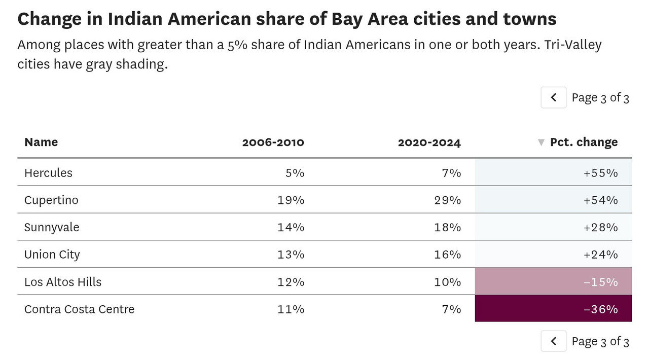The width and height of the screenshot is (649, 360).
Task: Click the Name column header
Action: pos(41,142)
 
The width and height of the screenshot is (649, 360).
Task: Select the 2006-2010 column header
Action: pos(273,142)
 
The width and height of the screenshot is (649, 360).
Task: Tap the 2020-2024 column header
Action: pos(429,142)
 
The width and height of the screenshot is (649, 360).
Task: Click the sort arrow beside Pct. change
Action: pos(541,142)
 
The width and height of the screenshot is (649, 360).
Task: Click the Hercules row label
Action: pos(48,173)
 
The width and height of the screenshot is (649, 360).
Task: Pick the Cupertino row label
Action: pos(51,200)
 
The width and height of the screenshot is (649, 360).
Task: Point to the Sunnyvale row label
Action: pos(52,227)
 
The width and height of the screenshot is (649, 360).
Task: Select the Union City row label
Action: pos(52,255)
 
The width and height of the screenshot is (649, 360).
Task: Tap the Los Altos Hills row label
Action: pos(63,282)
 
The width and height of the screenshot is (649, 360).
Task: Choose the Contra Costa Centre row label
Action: pos(80,309)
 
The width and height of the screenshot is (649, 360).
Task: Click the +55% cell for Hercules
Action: pos(601,173)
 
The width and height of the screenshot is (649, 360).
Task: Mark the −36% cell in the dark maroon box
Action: pos(601,309)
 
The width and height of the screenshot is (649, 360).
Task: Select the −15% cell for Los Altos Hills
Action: pos(601,282)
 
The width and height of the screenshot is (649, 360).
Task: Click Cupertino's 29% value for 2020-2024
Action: pos(448,200)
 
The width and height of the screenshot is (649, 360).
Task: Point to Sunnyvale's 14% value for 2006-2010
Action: pos(291,228)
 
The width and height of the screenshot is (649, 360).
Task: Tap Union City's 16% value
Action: pos(448,255)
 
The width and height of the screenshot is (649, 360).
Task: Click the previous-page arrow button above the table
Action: pos(553,97)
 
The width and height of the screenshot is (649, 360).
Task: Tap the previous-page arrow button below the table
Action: pos(553,341)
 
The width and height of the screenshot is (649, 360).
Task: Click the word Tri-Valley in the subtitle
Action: pos(573,45)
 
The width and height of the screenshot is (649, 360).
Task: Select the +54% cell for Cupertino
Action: pos(601,200)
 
